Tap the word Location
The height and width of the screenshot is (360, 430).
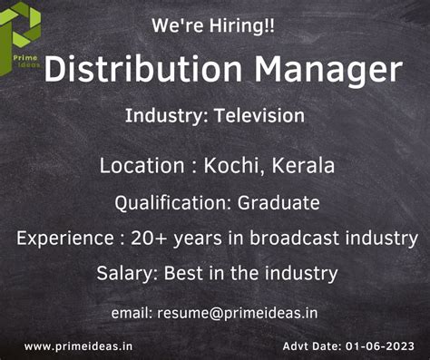point(141,166)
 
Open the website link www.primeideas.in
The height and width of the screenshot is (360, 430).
point(79,345)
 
